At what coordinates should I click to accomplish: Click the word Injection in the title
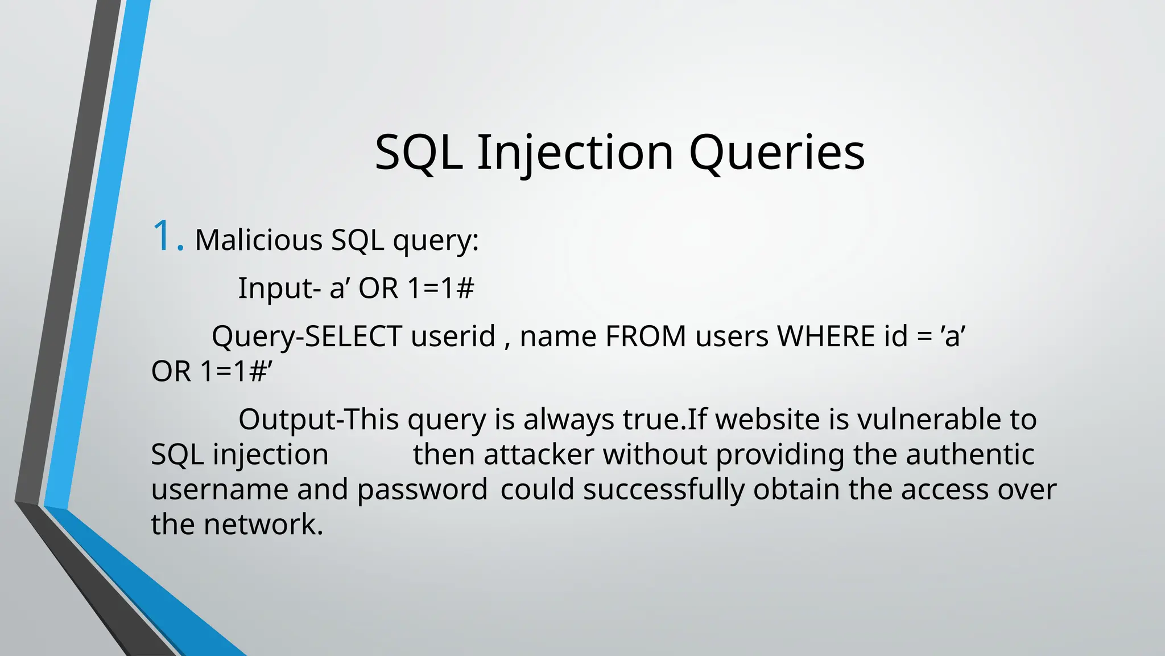tap(575, 153)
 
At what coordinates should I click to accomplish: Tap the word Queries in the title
tap(776, 153)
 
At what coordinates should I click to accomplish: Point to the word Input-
tap(279, 288)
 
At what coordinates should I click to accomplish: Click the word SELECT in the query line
tap(353, 336)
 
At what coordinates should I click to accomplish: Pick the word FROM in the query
tap(646, 336)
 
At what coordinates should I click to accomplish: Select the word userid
tap(453, 336)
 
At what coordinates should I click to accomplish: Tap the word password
tap(422, 490)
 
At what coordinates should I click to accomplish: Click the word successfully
tap(663, 490)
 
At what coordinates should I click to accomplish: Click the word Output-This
tap(319, 420)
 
